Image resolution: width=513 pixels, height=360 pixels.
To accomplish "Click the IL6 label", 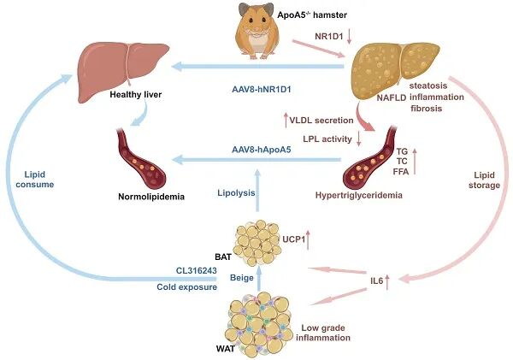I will pos(373,280).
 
